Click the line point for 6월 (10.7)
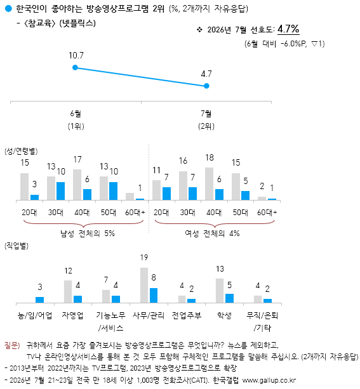pyautogui.click(x=75, y=67)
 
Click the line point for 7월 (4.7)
pyautogui.click(x=206, y=86)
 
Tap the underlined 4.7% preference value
pyautogui.click(x=288, y=29)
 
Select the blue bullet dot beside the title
pyautogui.click(x=8, y=9)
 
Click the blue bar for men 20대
pyautogui.click(x=34, y=197)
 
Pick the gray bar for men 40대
pyautogui.click(x=77, y=185)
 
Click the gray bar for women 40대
pyautogui.click(x=209, y=183)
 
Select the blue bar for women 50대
pyautogui.click(x=245, y=195)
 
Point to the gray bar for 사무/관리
pyautogui.click(x=144, y=286)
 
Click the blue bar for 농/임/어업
pyautogui.click(x=40, y=300)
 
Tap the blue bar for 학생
pyautogui.click(x=229, y=298)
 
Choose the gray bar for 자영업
pyautogui.click(x=68, y=291)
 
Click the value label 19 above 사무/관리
pyautogui.click(x=144, y=258)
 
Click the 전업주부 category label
pyautogui.click(x=187, y=315)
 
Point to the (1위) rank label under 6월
pyautogui.click(x=76, y=126)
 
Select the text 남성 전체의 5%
pyautogui.click(x=88, y=234)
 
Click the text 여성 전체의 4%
pyautogui.click(x=212, y=234)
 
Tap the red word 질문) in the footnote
pyautogui.click(x=12, y=345)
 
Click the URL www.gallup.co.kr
pyautogui.click(x=269, y=380)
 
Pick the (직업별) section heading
pyautogui.click(x=17, y=246)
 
